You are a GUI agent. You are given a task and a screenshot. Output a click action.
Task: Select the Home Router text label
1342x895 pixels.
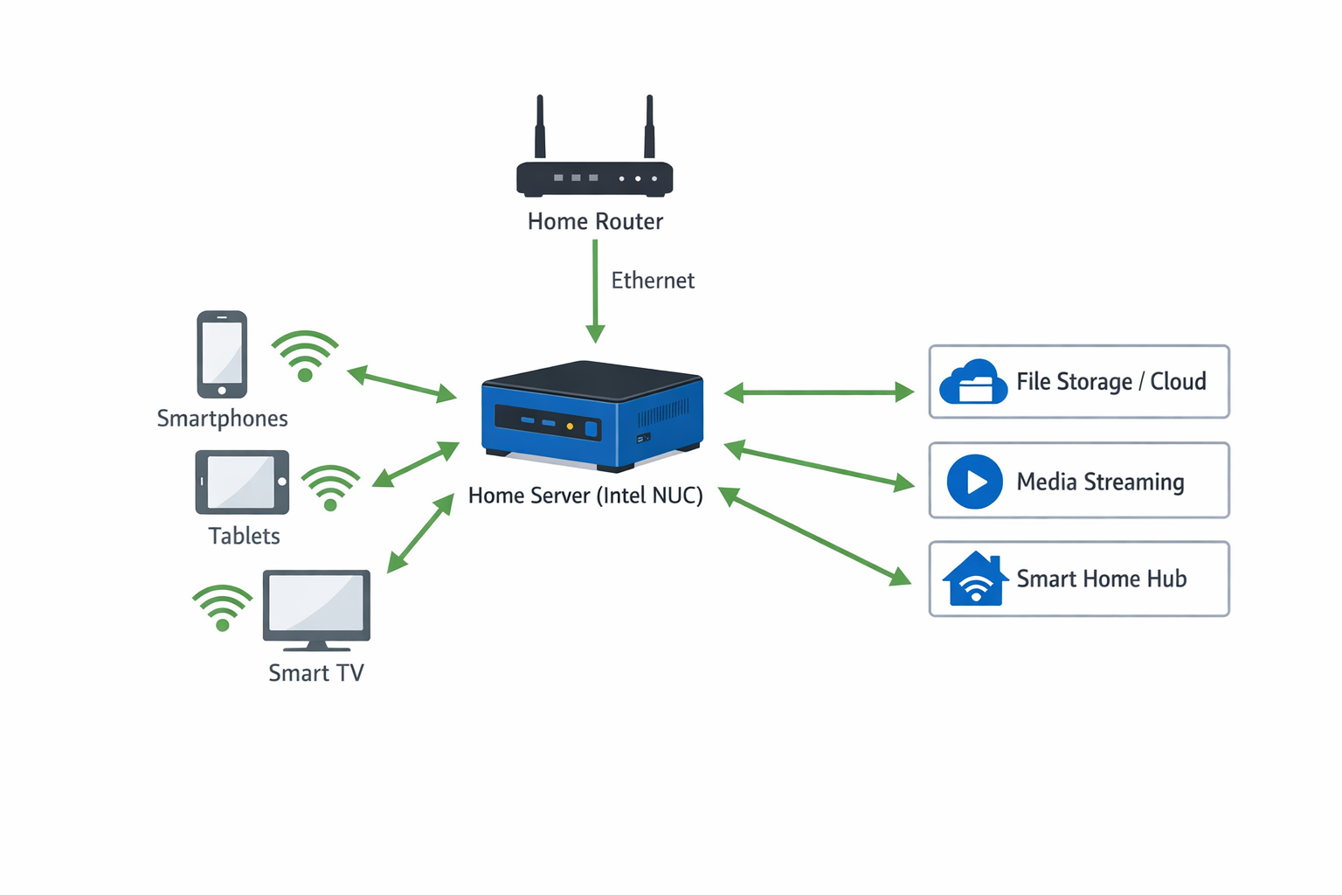point(595,222)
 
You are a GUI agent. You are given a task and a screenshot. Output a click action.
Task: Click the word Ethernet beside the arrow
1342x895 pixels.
point(653,281)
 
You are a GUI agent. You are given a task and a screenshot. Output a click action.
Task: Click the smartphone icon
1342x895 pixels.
point(222,354)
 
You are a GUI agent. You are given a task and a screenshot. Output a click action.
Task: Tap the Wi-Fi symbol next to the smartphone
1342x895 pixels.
point(305,357)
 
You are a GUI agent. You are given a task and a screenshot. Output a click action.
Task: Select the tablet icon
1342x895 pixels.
point(242,482)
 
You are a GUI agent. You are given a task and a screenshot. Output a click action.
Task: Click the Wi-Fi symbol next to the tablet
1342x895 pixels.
point(330,488)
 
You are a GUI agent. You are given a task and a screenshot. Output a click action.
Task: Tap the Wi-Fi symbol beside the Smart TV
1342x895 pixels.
point(223,607)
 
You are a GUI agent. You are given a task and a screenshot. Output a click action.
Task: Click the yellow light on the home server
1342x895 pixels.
point(570,427)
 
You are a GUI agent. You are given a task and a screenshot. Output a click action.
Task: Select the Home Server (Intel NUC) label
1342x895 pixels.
point(585,496)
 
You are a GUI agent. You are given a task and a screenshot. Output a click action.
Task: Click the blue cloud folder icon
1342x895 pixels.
point(972,382)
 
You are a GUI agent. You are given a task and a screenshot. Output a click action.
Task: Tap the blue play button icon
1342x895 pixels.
point(974,482)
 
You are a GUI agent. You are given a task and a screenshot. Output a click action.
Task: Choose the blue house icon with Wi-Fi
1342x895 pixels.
point(974,579)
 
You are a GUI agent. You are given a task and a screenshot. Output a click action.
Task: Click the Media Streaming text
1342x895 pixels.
point(1100,482)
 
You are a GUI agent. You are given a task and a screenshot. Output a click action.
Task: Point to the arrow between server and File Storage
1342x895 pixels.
point(820,392)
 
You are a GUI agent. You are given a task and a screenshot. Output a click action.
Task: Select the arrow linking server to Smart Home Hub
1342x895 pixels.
point(815,537)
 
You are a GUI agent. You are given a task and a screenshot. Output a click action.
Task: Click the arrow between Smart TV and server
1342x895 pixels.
point(421,532)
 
